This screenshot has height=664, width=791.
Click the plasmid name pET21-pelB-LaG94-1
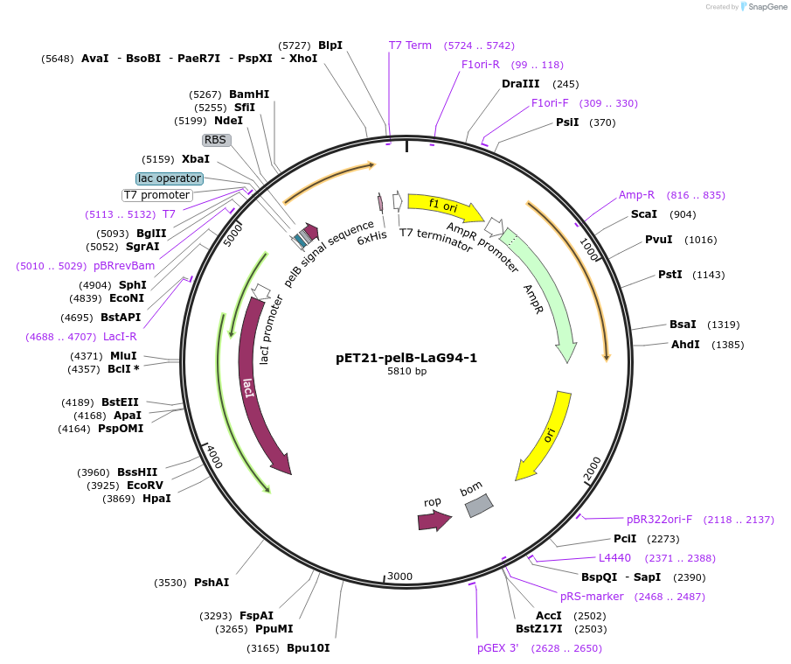click(x=406, y=358)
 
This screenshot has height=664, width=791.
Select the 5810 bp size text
click(x=406, y=372)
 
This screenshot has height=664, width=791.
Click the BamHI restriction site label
click(x=249, y=94)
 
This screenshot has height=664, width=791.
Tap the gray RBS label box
click(x=215, y=140)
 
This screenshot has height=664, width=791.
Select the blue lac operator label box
click(x=170, y=178)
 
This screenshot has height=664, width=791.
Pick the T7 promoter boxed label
click(x=156, y=195)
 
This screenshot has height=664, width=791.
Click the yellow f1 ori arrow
click(x=445, y=207)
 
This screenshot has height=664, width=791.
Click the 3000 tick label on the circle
click(x=399, y=576)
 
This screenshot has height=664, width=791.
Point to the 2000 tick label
click(x=593, y=469)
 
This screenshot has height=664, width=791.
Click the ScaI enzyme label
click(x=644, y=214)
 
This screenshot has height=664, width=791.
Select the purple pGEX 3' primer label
click(x=497, y=648)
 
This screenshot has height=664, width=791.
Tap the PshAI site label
click(x=212, y=583)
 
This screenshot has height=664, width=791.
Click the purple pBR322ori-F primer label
click(x=659, y=520)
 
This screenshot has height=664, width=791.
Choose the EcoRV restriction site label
click(x=145, y=486)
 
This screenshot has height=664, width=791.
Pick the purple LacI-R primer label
click(x=120, y=337)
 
